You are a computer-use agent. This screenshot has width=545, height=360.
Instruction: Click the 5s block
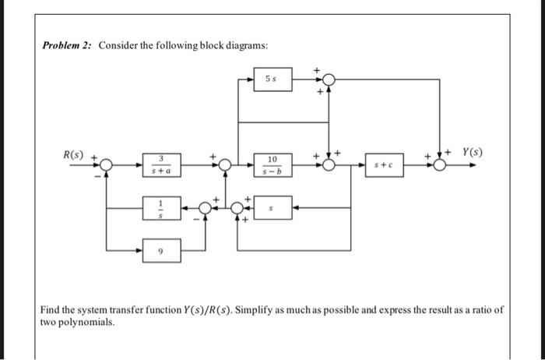tap(272, 79)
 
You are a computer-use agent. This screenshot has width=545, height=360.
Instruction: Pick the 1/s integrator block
tap(160, 208)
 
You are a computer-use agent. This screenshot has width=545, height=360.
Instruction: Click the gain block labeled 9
tap(160, 251)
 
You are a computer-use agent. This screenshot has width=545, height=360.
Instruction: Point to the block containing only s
tap(272, 208)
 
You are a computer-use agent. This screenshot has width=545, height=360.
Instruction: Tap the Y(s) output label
tap(472, 152)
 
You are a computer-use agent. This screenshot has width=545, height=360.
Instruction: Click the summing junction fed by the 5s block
tap(329, 79)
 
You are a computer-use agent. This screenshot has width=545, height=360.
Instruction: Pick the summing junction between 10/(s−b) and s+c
tap(329, 165)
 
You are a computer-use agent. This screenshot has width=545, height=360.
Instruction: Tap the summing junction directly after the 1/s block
tap(205, 208)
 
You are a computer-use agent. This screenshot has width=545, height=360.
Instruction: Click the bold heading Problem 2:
tap(67, 46)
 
